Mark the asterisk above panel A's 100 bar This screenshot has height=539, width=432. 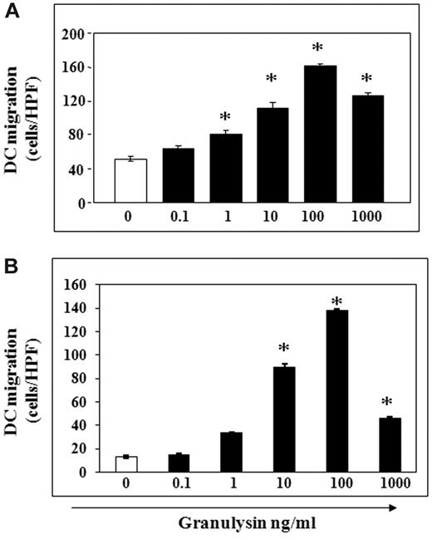coord(318,49)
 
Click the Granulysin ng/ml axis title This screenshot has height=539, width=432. coord(248,524)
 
